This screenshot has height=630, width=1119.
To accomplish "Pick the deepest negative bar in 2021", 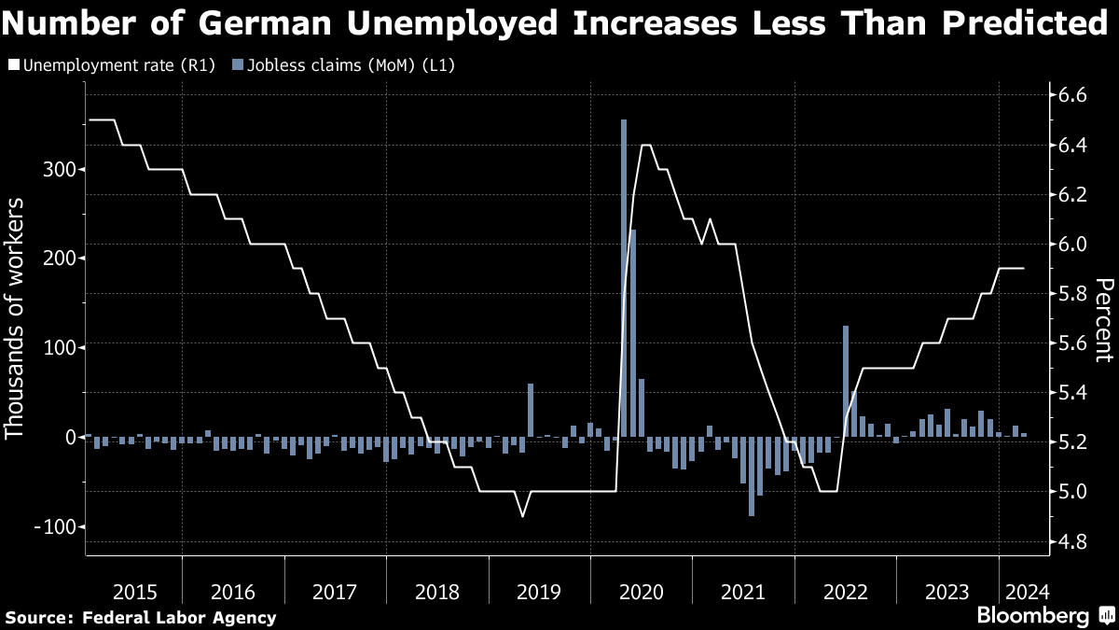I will point(752,476).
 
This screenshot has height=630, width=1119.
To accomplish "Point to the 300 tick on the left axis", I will point(58,170).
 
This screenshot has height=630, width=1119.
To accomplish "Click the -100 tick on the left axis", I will point(53,526).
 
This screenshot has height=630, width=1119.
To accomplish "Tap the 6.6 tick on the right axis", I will point(1068,95).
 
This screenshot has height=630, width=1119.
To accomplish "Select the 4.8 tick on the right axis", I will point(1068,541).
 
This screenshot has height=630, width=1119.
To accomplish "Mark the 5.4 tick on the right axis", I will point(1068,393).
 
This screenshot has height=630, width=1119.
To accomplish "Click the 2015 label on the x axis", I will point(135,592).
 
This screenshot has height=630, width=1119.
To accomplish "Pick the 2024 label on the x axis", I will point(1025,592).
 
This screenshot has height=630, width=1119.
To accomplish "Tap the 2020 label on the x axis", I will point(641,592).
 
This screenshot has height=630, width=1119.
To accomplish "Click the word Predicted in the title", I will point(1019,24).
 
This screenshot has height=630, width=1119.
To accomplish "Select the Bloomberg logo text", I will point(1032,617).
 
